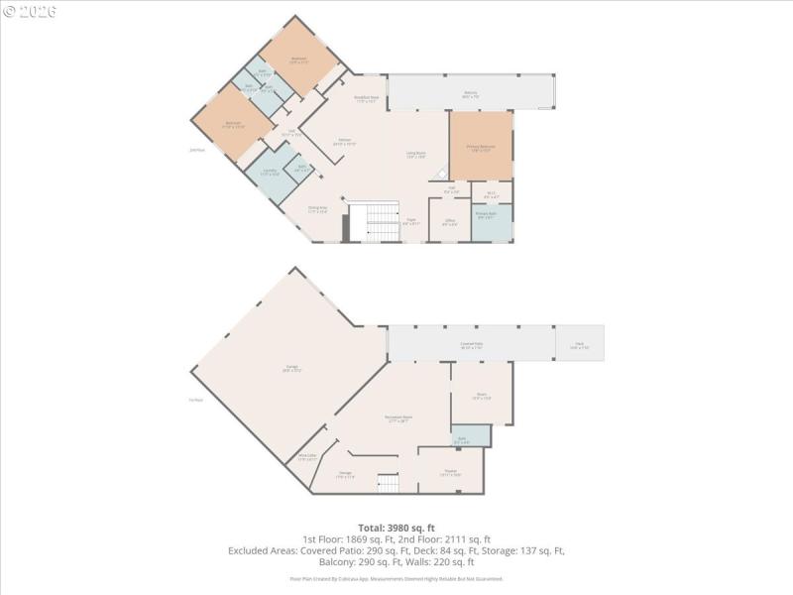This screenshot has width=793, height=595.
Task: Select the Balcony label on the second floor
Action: click(470, 95)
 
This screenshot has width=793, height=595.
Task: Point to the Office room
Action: click(449, 222)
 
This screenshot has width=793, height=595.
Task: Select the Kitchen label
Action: click(345, 142)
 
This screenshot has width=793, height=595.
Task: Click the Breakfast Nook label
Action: click(367, 98)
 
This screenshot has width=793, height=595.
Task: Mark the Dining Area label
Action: click(317, 209)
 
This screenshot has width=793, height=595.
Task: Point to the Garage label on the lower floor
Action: click(292, 368)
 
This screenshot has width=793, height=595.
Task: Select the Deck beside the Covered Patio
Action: click(579, 344)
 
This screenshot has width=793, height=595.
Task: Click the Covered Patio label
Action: click(470, 344)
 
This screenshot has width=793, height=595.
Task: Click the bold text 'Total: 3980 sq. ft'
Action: click(396, 527)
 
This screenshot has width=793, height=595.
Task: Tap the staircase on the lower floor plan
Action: click(389, 483)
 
